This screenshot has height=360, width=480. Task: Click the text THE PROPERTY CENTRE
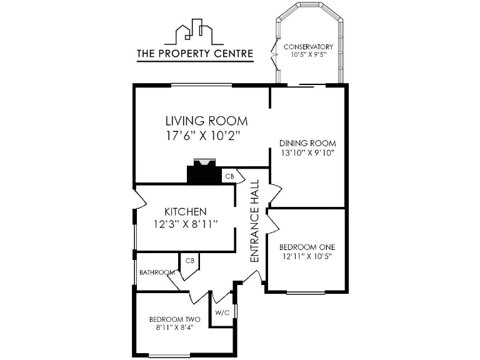[x=195, y=54]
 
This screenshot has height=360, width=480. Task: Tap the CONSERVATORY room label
[x=308, y=47]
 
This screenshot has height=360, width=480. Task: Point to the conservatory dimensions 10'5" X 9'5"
[x=308, y=56]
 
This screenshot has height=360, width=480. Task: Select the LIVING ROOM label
[x=206, y=121]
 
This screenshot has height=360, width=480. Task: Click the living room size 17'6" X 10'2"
[x=203, y=136]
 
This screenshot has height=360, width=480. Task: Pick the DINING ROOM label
[x=307, y=143]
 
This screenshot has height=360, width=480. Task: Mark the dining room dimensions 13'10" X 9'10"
[x=307, y=152]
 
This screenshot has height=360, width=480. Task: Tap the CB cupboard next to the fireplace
[x=229, y=177]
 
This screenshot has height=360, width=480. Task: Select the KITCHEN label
[x=185, y=212]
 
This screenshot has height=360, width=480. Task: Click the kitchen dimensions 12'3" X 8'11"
[x=185, y=225]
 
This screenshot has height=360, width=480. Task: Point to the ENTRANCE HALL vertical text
[x=254, y=221]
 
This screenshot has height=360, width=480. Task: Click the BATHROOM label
[x=156, y=272]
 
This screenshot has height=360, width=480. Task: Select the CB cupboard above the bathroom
[x=189, y=261]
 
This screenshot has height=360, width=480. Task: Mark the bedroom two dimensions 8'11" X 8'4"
[x=170, y=327]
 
